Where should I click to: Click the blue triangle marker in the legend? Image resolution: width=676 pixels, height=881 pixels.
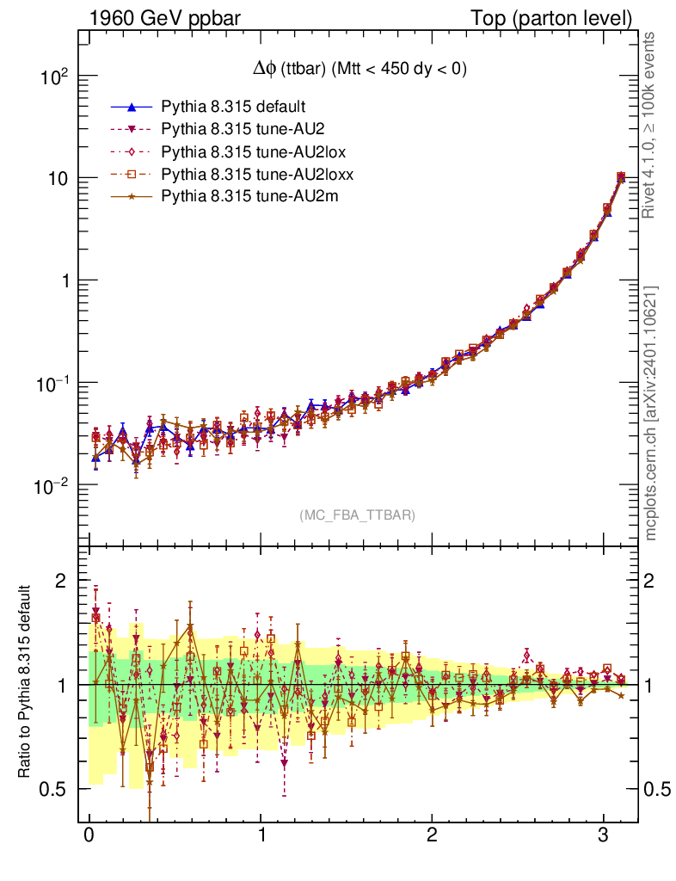point(131,108)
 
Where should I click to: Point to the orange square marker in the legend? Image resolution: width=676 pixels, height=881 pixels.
point(131,176)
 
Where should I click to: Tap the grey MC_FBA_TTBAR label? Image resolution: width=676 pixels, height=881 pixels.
point(357,515)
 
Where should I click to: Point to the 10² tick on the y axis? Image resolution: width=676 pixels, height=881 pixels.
point(55,77)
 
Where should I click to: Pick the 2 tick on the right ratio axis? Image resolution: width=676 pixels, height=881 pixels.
point(655,581)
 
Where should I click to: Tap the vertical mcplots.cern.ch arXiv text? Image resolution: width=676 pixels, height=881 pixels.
point(652,413)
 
